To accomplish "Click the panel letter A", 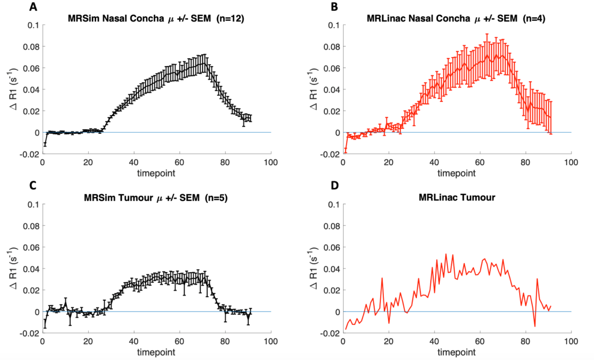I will [x=33, y=7].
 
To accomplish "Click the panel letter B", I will [x=334, y=7].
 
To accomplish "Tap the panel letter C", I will [x=33, y=186].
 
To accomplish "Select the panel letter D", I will [x=334, y=186].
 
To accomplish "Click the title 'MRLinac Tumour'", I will [x=457, y=197].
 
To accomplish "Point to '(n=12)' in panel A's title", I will [x=230, y=19].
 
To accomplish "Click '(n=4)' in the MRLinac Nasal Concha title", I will [x=534, y=19].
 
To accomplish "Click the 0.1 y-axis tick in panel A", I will [x=33, y=25].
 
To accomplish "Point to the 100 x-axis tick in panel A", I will [x=271, y=163].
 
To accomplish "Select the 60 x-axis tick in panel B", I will [x=479, y=163].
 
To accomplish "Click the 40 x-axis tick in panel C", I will [x=133, y=341].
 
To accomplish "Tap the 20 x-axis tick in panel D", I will [x=389, y=341].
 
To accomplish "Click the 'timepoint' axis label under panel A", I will [x=156, y=173].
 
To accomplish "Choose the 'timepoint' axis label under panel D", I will [x=456, y=352].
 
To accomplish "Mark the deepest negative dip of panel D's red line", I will [x=535, y=326].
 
